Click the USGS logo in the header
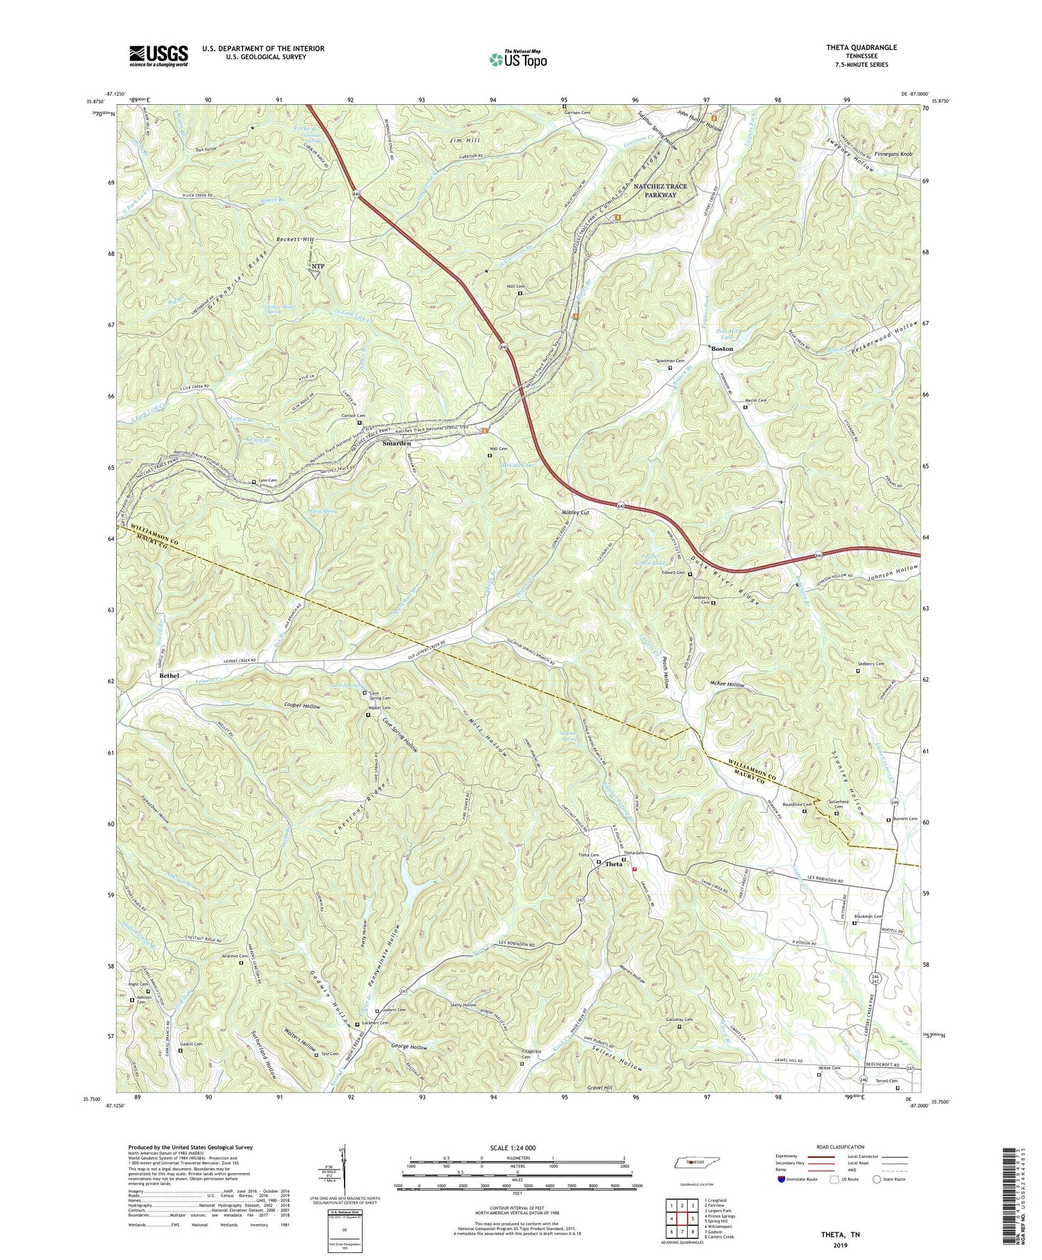(158, 55)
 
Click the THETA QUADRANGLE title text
(858, 47)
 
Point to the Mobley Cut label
(575, 513)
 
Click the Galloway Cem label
(680, 1020)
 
